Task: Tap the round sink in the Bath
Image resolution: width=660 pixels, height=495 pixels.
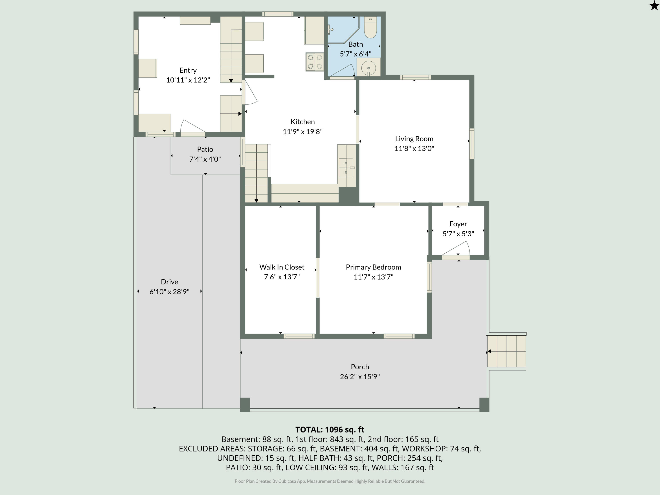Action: (368, 68)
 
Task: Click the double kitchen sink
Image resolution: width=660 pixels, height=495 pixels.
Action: (346, 168)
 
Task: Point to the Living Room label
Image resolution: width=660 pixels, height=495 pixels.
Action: (414, 139)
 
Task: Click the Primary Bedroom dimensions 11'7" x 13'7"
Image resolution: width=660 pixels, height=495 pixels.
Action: (373, 277)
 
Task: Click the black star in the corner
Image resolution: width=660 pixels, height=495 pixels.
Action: (654, 5)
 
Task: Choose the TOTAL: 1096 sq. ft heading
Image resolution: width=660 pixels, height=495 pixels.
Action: (330, 430)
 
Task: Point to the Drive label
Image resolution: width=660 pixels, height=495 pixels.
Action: (169, 282)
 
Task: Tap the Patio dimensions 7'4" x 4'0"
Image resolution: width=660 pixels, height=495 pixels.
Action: (205, 159)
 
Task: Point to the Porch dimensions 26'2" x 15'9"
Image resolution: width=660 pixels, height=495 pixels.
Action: (360, 377)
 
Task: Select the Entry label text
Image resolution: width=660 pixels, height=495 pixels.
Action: (188, 70)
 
